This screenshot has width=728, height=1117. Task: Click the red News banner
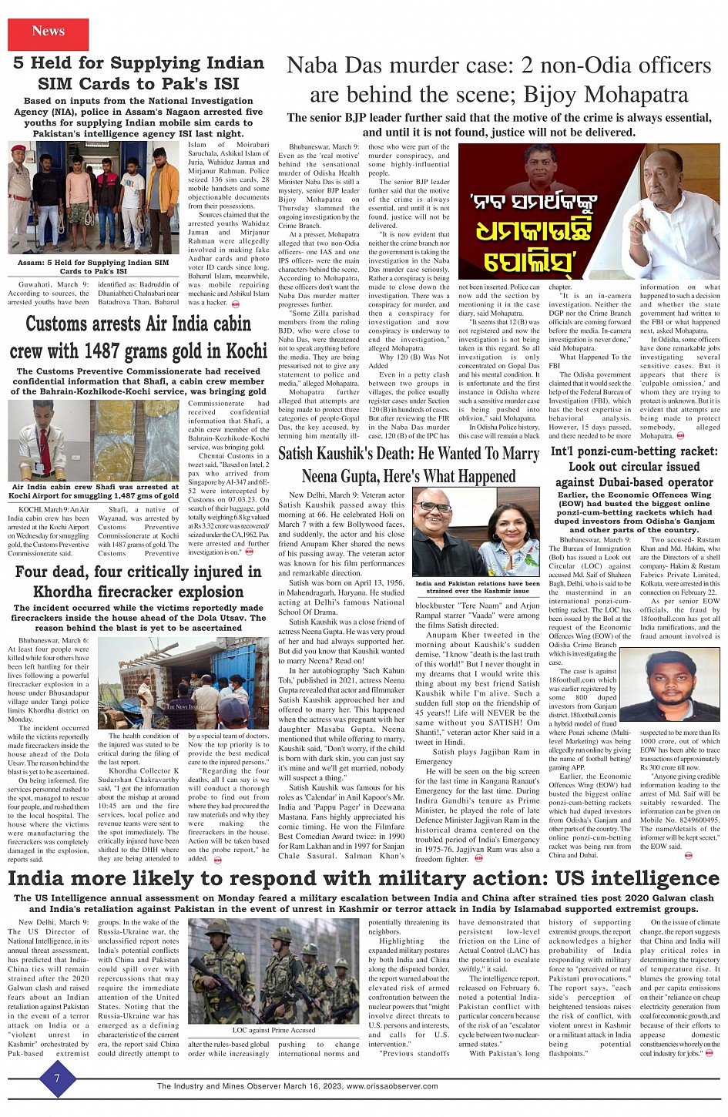[x=48, y=32]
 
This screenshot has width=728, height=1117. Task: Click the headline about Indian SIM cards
[x=138, y=73]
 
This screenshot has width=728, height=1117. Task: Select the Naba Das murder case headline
[x=498, y=80]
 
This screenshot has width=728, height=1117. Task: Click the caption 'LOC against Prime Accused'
[x=273, y=1029]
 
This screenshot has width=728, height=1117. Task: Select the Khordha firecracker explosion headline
[x=138, y=582]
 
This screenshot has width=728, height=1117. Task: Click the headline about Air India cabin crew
[x=138, y=337]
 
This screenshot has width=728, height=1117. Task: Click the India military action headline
[x=364, y=878]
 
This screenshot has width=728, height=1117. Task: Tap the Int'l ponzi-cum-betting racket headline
[x=634, y=467]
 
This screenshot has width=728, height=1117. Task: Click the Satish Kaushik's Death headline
[x=408, y=465]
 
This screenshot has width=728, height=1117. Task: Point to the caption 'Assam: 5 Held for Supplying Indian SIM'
[x=93, y=267]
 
